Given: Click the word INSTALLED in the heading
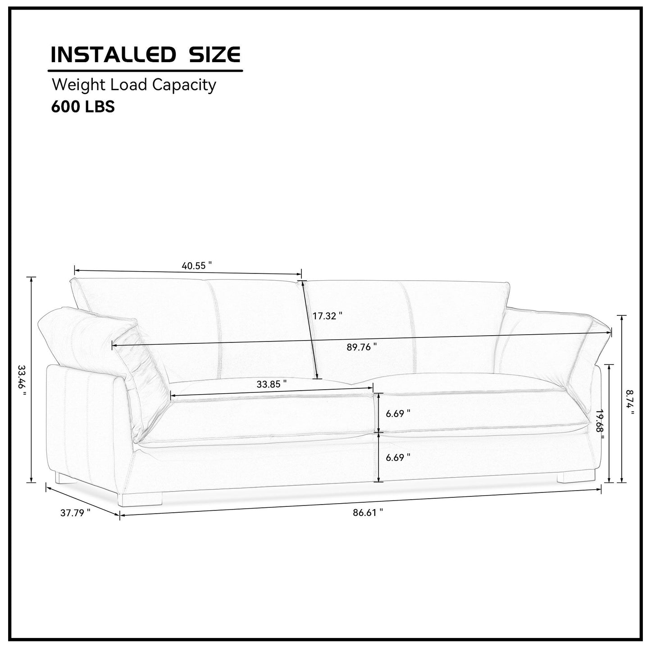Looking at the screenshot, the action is click(x=113, y=55).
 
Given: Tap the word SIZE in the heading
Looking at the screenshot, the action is click(x=214, y=55).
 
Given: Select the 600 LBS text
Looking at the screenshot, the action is click(x=83, y=107).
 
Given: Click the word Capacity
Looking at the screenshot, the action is click(x=184, y=86).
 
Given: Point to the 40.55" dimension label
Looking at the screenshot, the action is click(x=196, y=266).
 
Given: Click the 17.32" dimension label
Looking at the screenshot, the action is click(x=327, y=316).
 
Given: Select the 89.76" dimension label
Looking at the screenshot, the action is click(x=361, y=347).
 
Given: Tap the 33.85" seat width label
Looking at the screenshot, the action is click(x=272, y=384).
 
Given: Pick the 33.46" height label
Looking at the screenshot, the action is click(x=22, y=381).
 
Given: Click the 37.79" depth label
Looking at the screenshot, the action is click(x=75, y=513).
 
